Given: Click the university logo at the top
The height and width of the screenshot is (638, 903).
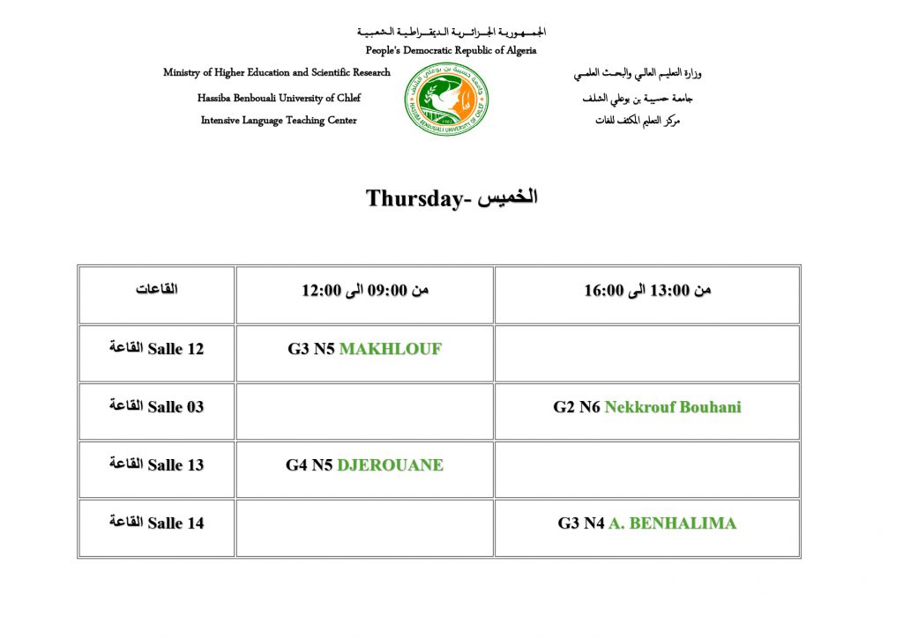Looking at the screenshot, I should tap(447, 100).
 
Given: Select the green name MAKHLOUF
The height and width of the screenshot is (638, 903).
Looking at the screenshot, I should tap(390, 349).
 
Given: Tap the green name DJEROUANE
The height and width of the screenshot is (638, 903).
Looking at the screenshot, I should tap(390, 465).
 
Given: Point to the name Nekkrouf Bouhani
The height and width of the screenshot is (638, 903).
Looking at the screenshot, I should tap(673, 407).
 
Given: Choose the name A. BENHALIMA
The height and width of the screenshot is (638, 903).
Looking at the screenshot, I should tap(672, 523).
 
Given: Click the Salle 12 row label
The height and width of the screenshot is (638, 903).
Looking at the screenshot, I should tap(157, 349).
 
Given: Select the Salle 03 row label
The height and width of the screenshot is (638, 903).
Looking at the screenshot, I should tap(157, 407).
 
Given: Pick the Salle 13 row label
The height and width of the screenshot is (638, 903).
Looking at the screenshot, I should tap(157, 465).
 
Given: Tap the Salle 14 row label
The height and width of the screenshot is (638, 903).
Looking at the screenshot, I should tap(157, 523).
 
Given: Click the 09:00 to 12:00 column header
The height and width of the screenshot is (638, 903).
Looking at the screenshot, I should tap(365, 291).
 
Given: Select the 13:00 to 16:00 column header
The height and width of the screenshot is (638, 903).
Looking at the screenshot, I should tap(647, 291).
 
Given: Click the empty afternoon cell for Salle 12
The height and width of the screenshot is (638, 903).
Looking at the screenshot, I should tap(647, 352).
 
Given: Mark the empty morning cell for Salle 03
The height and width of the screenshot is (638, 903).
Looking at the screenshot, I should tap(365, 411).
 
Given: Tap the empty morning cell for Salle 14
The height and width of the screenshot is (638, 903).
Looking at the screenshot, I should tap(365, 527).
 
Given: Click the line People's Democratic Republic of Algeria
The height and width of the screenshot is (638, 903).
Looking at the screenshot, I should tap(451, 51).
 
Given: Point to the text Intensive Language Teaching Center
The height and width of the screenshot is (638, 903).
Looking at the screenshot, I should tap(279, 121).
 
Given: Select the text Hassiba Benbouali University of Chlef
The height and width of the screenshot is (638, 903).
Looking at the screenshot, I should tap(279, 98).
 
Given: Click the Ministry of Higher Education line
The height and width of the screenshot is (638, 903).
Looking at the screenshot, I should tap(277, 73).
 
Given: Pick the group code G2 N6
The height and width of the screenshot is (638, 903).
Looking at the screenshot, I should tap(577, 407).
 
